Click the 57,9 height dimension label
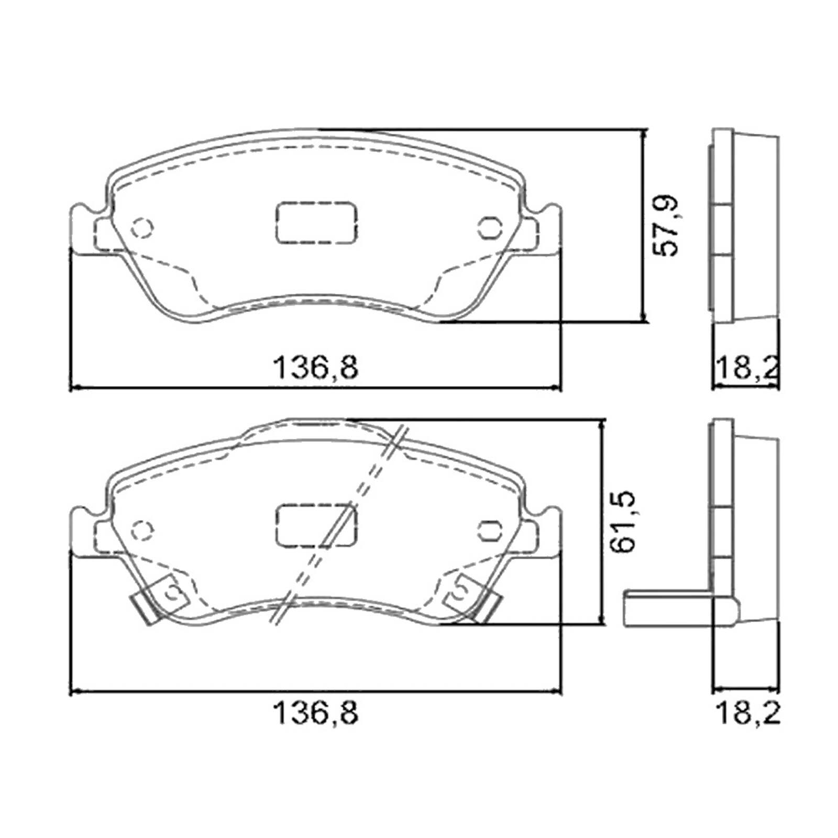pyautogui.click(x=667, y=226)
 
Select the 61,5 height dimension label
pyautogui.click(x=625, y=521)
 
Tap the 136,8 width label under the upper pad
pyautogui.click(x=316, y=367)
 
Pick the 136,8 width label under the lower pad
pyautogui.click(x=316, y=713)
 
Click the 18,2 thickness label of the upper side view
pyautogui.click(x=747, y=367)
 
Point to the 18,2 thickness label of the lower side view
pyautogui.click(x=747, y=713)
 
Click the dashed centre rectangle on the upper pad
pyautogui.click(x=316, y=222)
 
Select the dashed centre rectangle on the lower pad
pyautogui.click(x=316, y=525)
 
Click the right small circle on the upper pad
pyautogui.click(x=490, y=228)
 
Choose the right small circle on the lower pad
pyautogui.click(x=490, y=530)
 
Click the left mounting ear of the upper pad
pyautogui.click(x=84, y=230)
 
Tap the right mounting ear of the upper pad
pyautogui.click(x=547, y=230)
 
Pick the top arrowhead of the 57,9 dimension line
pyautogui.click(x=644, y=134)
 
